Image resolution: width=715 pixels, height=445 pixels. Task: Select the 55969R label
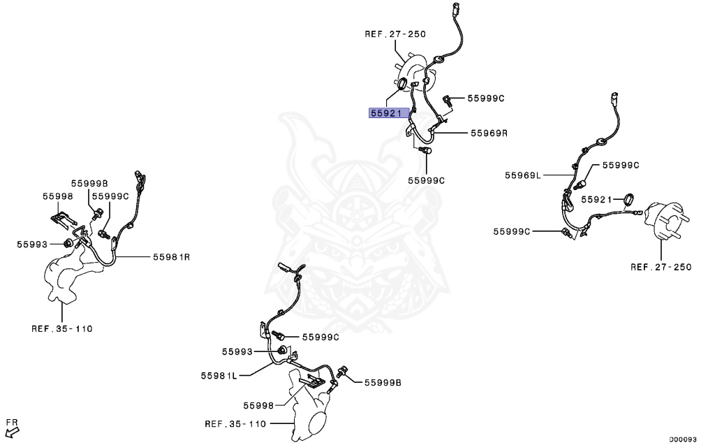(x=488, y=132)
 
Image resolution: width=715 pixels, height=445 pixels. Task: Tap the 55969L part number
(x=523, y=175)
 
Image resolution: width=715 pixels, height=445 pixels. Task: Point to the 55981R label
(x=172, y=257)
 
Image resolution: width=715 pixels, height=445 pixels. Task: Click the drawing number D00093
(x=682, y=439)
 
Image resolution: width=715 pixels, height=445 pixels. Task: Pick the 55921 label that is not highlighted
(x=598, y=199)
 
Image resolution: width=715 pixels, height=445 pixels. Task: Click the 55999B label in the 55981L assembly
(x=383, y=382)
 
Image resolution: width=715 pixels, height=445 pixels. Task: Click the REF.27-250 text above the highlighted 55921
(x=395, y=34)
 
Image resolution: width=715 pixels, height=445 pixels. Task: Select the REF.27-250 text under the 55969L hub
(x=661, y=267)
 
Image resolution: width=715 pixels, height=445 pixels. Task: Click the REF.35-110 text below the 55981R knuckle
(x=61, y=328)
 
